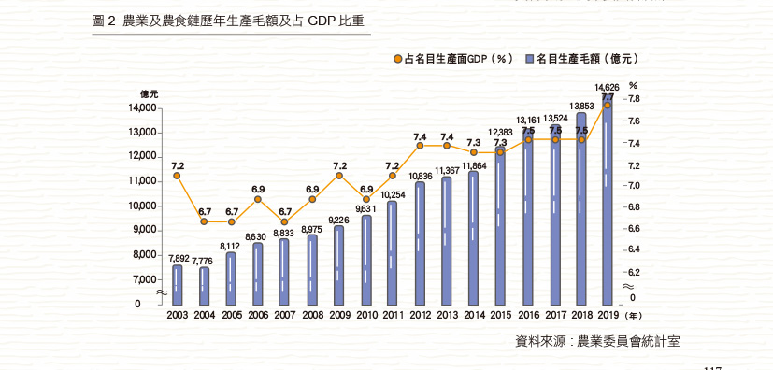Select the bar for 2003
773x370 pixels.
point(178,285)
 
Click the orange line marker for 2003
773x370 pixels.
point(178,176)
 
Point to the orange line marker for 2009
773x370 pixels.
point(339,176)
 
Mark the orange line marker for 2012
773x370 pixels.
point(420,146)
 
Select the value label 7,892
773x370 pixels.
point(178,258)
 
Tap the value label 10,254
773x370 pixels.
point(393,194)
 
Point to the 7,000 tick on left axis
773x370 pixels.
point(146,279)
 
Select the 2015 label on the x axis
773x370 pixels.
point(500,316)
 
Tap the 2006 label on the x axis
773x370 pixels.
point(258,316)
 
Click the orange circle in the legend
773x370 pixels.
point(397,58)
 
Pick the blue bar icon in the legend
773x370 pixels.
point(529,58)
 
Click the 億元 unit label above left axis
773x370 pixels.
point(150,94)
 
